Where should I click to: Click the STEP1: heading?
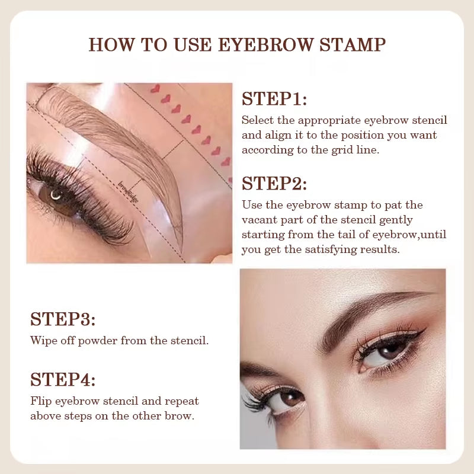tap(274, 99)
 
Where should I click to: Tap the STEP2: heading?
tap(274, 184)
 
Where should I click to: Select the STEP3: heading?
tap(63, 319)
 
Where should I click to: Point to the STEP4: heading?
tap(63, 379)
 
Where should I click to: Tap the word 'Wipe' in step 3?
tap(43, 341)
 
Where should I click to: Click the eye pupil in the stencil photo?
tap(55, 194)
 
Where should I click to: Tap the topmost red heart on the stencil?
tap(155, 89)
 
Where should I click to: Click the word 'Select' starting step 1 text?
tap(258, 120)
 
